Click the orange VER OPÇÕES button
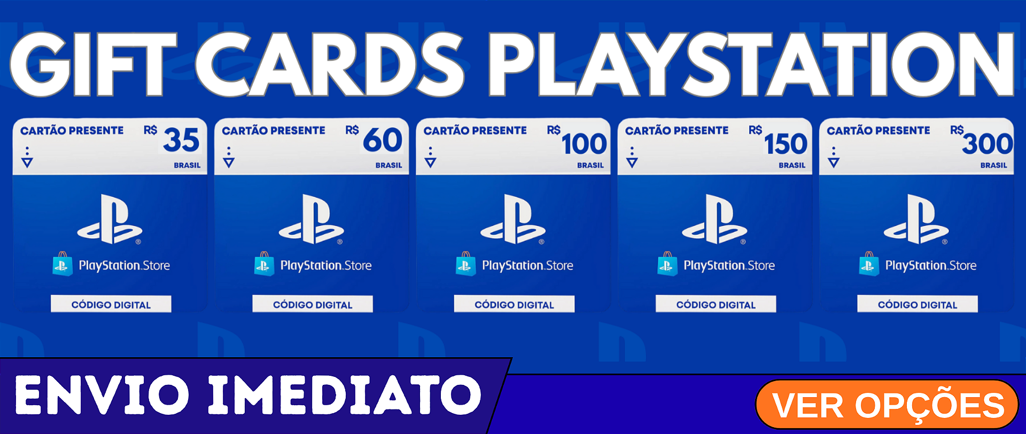click(x=887, y=405)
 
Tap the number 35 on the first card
click(x=181, y=140)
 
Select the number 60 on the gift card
click(x=383, y=140)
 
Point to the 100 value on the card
click(x=584, y=144)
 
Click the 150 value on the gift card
click(x=786, y=144)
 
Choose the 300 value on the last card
click(x=988, y=144)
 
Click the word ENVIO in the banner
click(x=102, y=395)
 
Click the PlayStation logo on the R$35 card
click(x=110, y=219)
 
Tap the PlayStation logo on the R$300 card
click(x=916, y=219)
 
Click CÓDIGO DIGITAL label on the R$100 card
click(x=514, y=304)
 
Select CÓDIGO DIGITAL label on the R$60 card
click(x=313, y=304)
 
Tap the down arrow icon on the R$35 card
click(x=27, y=162)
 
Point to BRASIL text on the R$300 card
click(x=993, y=165)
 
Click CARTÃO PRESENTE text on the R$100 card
click(x=475, y=130)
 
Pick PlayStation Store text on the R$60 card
click(x=326, y=265)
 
